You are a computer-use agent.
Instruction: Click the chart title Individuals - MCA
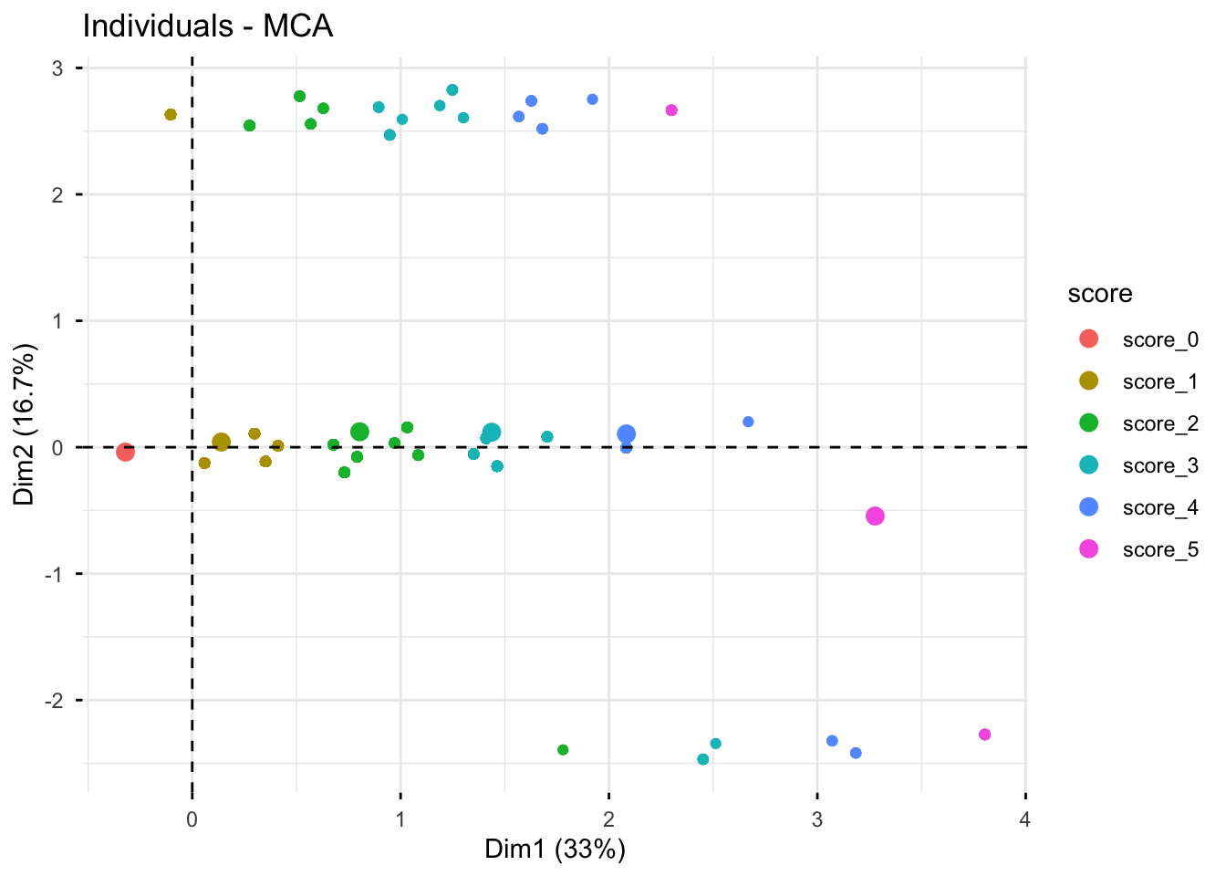click(208, 26)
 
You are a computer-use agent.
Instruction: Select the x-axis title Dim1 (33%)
click(555, 850)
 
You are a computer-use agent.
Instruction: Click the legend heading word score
click(1100, 294)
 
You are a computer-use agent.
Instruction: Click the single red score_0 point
click(125, 452)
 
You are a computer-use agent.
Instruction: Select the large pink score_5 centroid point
click(875, 516)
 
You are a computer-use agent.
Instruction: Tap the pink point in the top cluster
click(671, 110)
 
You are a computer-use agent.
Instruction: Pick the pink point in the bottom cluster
click(984, 735)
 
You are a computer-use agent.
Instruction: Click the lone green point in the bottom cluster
click(563, 750)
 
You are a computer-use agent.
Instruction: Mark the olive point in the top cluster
click(171, 115)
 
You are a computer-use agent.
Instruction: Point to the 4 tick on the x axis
click(1025, 819)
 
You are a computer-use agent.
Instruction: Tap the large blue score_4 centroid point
click(626, 434)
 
